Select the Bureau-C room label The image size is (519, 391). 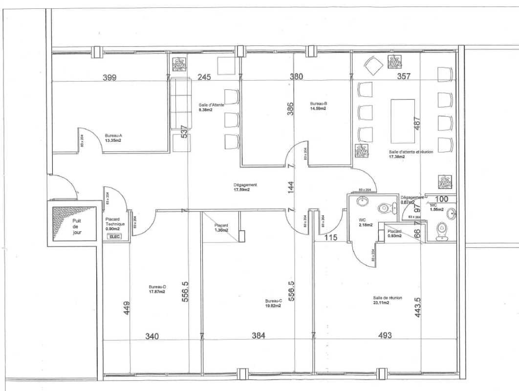274,301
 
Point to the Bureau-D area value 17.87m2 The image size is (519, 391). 157,292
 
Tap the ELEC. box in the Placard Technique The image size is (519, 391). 115,237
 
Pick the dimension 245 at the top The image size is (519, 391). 204,77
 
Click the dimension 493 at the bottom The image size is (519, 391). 384,336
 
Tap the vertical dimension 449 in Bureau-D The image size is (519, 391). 127,308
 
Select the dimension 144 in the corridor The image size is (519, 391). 291,188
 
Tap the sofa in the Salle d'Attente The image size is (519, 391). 182,104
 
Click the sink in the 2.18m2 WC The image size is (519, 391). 362,202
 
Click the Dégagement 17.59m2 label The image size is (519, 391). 245,187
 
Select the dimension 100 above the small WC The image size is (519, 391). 442,199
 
